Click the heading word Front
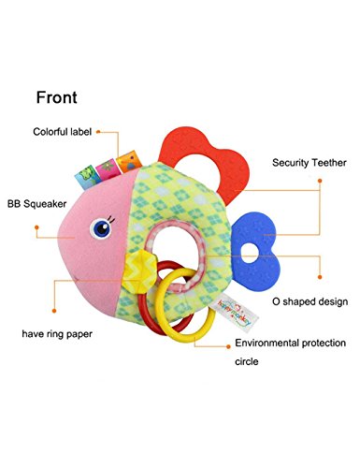coord(57,97)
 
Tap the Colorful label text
coord(63,132)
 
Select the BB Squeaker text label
coord(37,204)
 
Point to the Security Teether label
coord(310,163)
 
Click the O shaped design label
coord(310,301)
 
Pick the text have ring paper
coord(57,334)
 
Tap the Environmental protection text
coord(290,343)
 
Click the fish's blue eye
coord(101,228)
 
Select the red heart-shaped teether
coord(205,162)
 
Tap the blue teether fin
coord(256,250)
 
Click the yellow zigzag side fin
coord(139,271)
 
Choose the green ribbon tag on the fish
coord(86,177)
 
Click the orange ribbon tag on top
coord(129,161)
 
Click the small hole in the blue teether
coord(250,253)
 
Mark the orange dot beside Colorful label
coord(98,132)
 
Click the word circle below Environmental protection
coord(247,361)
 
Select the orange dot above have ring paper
coord(54,311)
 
